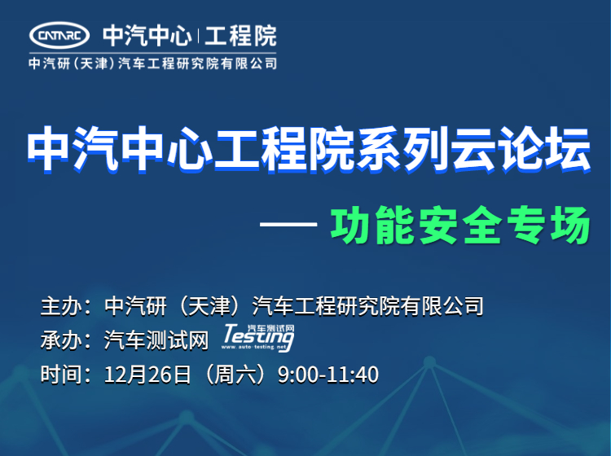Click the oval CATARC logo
coord(59,36)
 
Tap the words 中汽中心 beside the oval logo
coord(147,36)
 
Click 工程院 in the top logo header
coord(241,36)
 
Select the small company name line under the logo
coord(153,64)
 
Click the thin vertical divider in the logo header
coord(199,36)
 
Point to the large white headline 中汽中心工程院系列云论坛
coord(309,150)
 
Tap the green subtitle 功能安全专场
coord(460,226)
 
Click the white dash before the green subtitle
coord(288,224)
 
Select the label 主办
coord(61,306)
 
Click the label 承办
coord(61,340)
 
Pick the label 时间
coord(61,375)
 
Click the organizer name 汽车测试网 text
coord(156,340)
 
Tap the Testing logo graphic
coord(258,338)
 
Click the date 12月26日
coord(147,375)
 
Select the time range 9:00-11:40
coord(328,375)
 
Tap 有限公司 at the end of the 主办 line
coord(442,306)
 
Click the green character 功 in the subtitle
coord(350,226)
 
